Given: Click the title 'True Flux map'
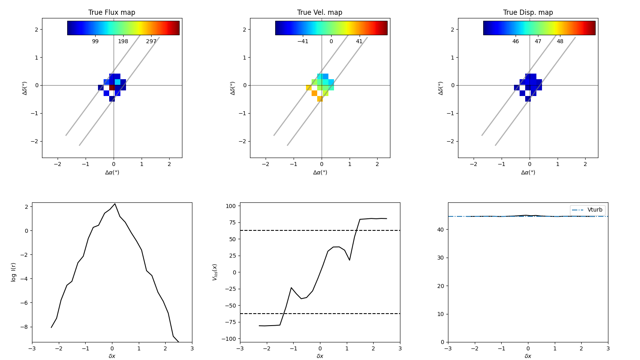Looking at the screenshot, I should point(112,12).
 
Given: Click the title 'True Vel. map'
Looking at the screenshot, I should point(320,12).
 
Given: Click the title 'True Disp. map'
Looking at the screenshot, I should point(528,12).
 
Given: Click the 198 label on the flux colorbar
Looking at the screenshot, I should point(123,41).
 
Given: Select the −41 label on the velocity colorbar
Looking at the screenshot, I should point(302,41).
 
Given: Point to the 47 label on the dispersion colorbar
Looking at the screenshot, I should point(538,41).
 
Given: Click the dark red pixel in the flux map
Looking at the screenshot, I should point(112,87).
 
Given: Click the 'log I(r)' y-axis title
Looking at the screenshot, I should point(14,272).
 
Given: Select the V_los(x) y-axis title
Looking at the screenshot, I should point(215,272).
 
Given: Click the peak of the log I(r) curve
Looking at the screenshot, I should point(115,204).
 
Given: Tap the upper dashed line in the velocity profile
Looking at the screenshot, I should point(320,230).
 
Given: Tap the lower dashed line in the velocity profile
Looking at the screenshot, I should point(320,314).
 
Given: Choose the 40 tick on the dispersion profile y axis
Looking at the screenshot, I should point(441,230).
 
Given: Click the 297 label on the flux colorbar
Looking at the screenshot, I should point(151,41).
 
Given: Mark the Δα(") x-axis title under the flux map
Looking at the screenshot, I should point(112,172).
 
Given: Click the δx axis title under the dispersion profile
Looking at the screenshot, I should point(528,356).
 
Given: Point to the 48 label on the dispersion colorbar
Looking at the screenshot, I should point(560,41).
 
